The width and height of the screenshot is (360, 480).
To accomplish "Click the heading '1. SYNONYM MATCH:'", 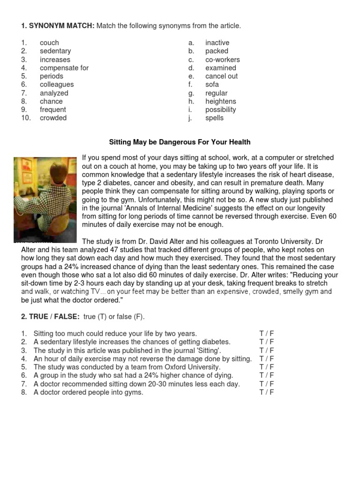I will coord(57,26).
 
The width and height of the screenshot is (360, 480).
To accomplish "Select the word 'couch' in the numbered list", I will coord(49,43).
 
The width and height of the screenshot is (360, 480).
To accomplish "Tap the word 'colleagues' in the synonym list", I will coord(57,84).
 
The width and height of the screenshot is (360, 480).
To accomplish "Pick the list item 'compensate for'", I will coord(64,68).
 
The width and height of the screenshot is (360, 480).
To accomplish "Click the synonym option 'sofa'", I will coord(212,84).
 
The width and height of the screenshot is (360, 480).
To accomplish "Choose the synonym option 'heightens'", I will coord(220,101).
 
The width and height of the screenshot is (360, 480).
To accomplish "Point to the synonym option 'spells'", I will coord(214,118).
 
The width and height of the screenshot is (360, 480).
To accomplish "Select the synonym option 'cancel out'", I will coord(221,76).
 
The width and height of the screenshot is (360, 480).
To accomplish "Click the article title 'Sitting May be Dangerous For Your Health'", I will coord(180,142).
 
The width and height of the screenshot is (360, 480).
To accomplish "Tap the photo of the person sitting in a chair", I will coord(45,200).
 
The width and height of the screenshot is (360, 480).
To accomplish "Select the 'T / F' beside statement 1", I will coord(266,334).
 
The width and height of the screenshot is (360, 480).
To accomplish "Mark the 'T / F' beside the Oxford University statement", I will coord(266,367).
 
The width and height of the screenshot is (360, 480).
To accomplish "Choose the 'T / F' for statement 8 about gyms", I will coord(266,392).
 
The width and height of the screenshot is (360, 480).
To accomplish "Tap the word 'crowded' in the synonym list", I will coord(53,118).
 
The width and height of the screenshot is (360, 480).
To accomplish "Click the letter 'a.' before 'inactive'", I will coord(191,43).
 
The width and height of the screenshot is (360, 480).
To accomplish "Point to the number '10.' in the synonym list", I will coord(26,118).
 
